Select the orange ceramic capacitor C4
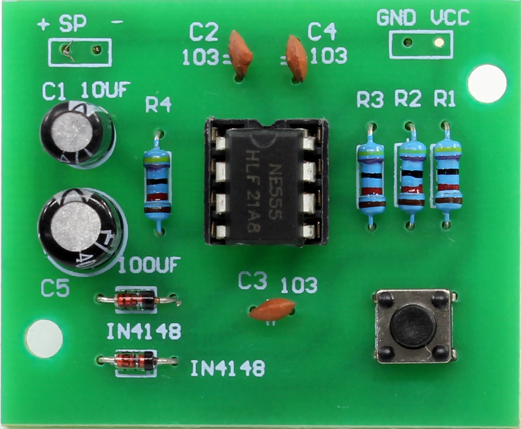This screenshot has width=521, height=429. click(x=297, y=57)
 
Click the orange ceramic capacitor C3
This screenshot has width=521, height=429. click(x=272, y=309)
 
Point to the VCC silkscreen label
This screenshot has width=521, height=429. click(x=449, y=17)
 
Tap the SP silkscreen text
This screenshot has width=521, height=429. click(x=73, y=24)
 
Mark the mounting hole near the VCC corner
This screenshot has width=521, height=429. click(x=487, y=84)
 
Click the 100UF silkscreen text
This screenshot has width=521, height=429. click(x=150, y=265)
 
